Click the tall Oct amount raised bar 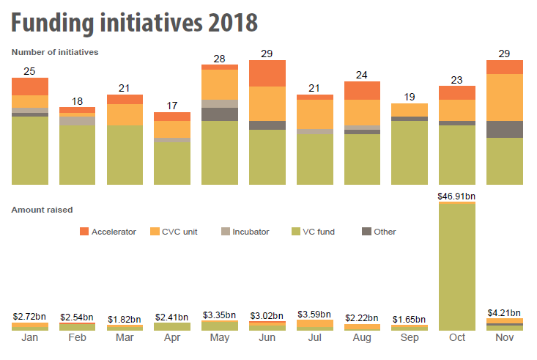[457, 265]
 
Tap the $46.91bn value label [457, 196]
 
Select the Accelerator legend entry [107, 232]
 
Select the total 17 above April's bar [172, 106]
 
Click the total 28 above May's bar [220, 58]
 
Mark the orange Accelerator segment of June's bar [267, 73]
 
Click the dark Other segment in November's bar [505, 129]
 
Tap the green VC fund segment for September [410, 153]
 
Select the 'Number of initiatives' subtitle [55, 52]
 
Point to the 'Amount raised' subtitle [42, 210]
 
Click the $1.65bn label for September [410, 320]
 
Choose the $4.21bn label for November [505, 312]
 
